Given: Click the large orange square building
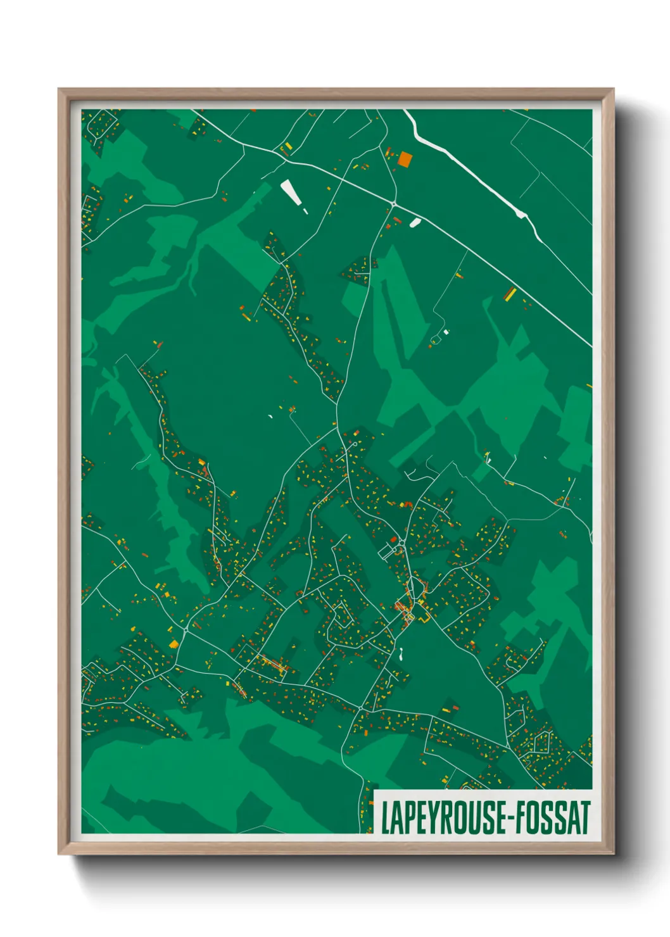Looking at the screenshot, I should [x=404, y=159].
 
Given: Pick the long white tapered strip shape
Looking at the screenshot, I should [x=290, y=192].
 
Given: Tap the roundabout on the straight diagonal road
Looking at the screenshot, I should [x=393, y=204].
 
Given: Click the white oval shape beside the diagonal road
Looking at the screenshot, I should [x=415, y=222].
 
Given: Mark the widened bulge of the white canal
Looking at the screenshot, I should [x=522, y=215].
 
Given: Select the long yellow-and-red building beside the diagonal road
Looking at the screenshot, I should [x=510, y=294].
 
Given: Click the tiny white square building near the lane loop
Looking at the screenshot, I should [x=446, y=331].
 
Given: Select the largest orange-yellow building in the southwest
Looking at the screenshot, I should [x=174, y=645].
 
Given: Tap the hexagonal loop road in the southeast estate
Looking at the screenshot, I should [x=541, y=742].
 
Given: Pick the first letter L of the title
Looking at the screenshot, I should [x=385, y=817].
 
